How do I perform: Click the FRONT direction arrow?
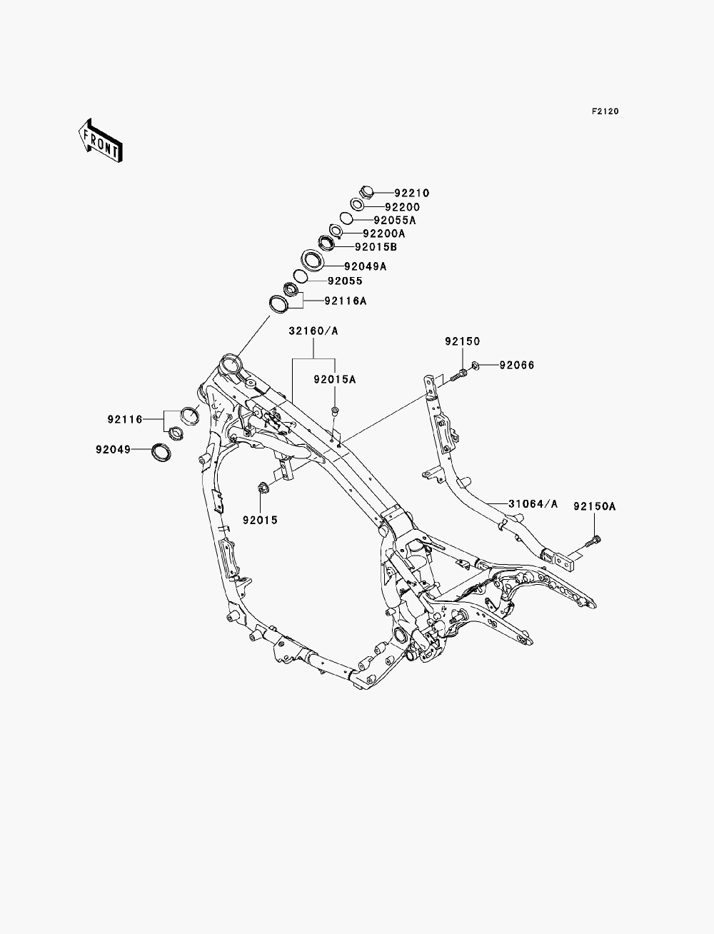pos(101,140)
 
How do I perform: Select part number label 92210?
pos(411,194)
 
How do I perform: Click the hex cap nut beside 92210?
pos(366,192)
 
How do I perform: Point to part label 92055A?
pos(394,221)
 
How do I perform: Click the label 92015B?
pos(376,247)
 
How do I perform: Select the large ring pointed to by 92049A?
pos(313,260)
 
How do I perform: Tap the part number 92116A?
pos(345,301)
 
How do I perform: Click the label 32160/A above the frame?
pos(313,331)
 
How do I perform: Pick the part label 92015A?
pos(334,379)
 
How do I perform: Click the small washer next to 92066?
pos(476,365)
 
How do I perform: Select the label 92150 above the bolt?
pos(463,341)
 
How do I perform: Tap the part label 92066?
pos(516,365)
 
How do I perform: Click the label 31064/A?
pos(533,504)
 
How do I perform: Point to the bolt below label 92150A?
pos(593,541)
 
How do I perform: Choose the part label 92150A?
pos(595,506)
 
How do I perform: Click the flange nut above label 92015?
pos(263,486)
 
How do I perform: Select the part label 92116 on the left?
pos(125,420)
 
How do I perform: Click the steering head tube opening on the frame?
pos(231,364)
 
